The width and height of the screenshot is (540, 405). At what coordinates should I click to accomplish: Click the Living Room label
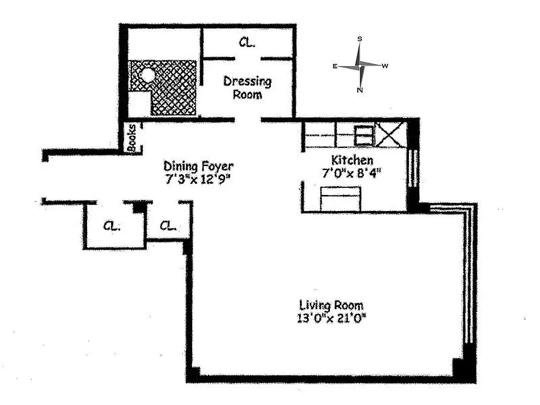[331, 305]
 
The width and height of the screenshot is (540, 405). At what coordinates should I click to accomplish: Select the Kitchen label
[352, 160]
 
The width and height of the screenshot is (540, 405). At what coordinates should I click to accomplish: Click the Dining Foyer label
[198, 166]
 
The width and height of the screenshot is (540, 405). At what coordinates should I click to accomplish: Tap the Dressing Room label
[247, 87]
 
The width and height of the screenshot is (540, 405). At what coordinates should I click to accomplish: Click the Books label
[132, 138]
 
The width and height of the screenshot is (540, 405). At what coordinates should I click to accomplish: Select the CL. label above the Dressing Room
[246, 43]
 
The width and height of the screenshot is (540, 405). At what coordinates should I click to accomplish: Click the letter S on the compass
[360, 39]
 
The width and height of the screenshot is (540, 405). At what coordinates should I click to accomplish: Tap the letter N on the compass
[360, 91]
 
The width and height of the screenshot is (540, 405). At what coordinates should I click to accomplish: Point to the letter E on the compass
[335, 66]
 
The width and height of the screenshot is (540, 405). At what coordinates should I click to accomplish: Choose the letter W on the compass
[385, 66]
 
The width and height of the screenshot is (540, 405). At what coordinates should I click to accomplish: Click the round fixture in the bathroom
[147, 75]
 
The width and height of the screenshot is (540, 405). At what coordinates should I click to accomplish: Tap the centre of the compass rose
[360, 65]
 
